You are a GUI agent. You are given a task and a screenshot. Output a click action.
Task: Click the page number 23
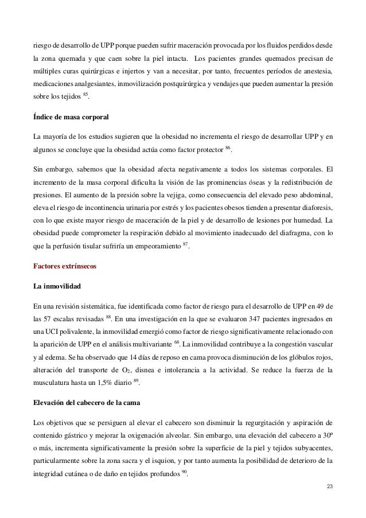pos(329,486)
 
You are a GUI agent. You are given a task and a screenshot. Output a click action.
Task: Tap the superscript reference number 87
pos(201,245)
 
